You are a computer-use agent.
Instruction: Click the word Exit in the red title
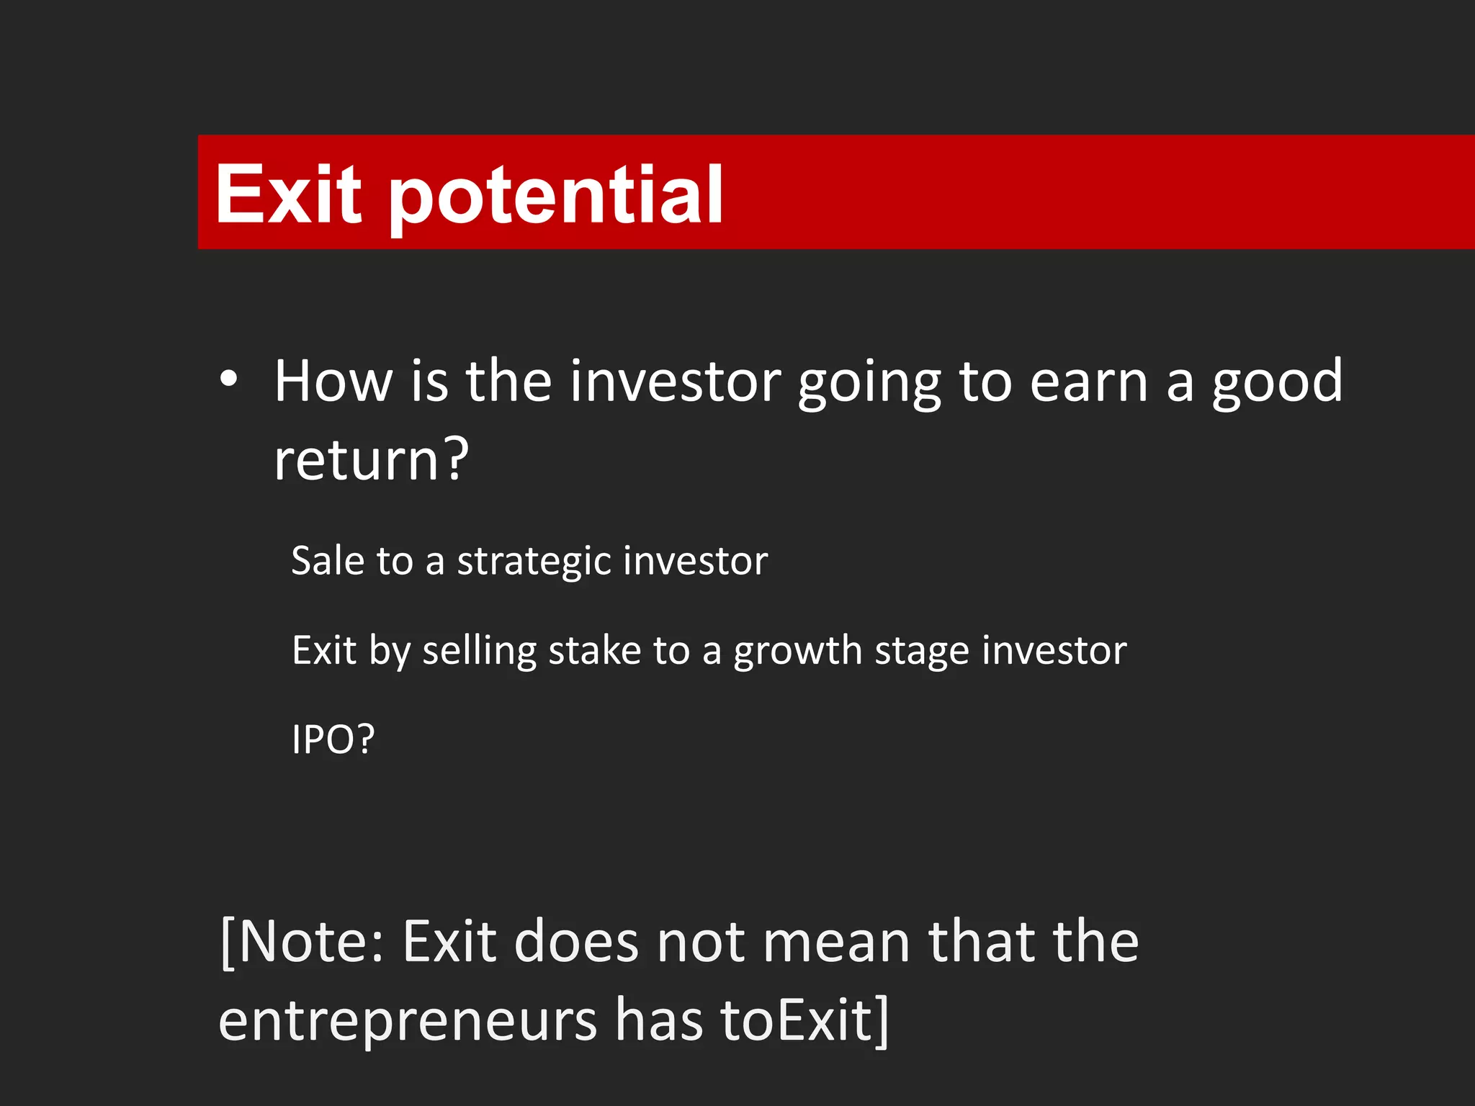pyautogui.click(x=288, y=194)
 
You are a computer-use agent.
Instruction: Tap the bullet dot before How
pyautogui.click(x=228, y=379)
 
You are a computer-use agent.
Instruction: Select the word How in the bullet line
pyautogui.click(x=333, y=381)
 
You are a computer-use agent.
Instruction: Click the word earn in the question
pyautogui.click(x=1088, y=382)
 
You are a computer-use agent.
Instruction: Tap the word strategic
pyautogui.click(x=534, y=562)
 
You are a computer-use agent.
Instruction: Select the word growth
pyautogui.click(x=797, y=651)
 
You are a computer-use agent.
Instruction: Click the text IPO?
pyautogui.click(x=333, y=739)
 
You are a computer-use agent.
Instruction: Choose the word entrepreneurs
pyautogui.click(x=408, y=1021)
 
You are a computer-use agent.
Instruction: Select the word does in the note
pyautogui.click(x=576, y=941)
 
